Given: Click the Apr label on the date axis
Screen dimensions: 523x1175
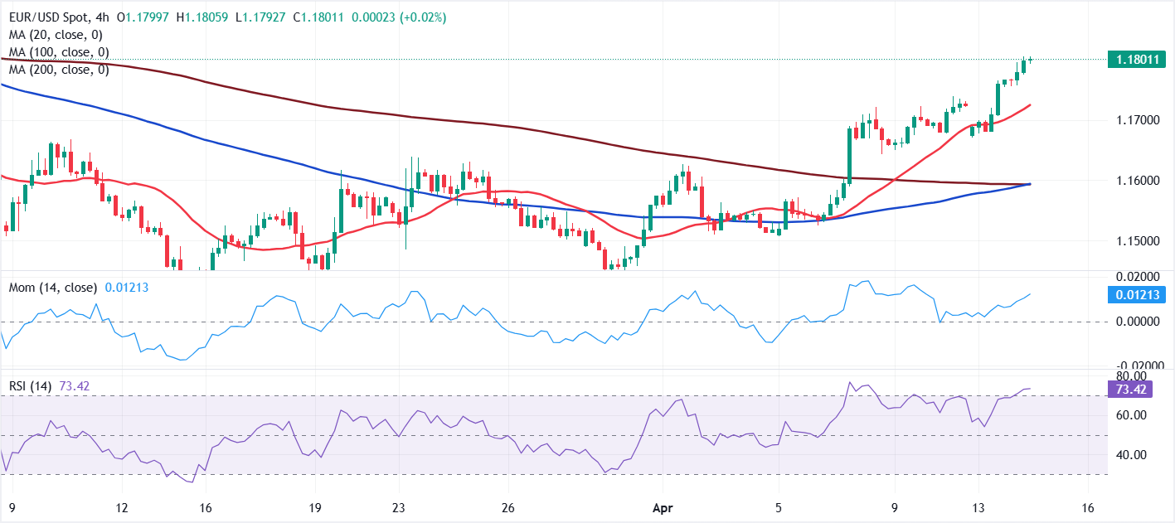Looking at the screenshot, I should point(661,507).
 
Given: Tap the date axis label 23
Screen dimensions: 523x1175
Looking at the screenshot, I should point(398,507).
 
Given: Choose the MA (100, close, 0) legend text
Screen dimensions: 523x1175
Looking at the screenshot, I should point(58,52).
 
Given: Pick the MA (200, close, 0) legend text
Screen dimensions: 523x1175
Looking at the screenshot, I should point(58,70).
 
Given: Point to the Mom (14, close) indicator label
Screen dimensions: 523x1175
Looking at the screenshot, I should point(53,288).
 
